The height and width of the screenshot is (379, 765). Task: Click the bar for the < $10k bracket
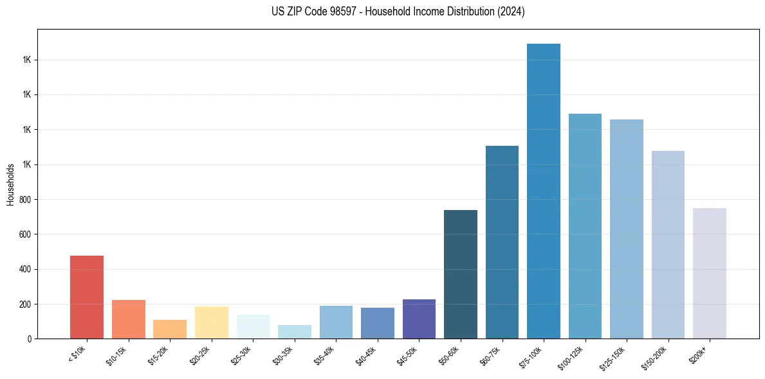click(x=87, y=297)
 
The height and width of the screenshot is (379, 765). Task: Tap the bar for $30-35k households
click(x=295, y=331)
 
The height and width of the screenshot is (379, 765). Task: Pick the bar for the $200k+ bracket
click(x=710, y=273)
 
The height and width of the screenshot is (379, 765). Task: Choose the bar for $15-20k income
click(x=170, y=329)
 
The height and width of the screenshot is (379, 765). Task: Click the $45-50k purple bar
click(x=419, y=319)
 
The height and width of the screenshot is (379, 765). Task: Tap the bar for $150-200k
click(x=668, y=245)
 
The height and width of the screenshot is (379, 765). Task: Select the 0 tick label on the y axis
click(x=30, y=339)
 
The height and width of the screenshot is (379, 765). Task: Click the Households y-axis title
click(x=10, y=184)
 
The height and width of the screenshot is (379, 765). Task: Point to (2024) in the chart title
click(x=512, y=12)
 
